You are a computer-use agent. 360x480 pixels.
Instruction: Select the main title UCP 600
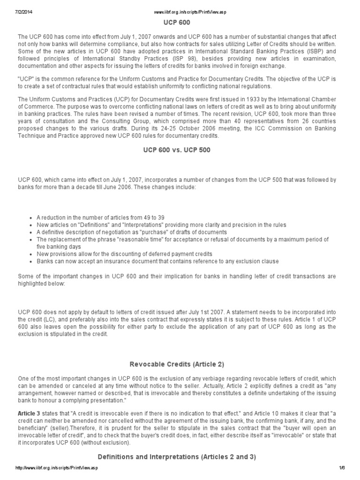click(180, 22)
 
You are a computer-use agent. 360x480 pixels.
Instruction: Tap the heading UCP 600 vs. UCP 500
click(180, 150)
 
